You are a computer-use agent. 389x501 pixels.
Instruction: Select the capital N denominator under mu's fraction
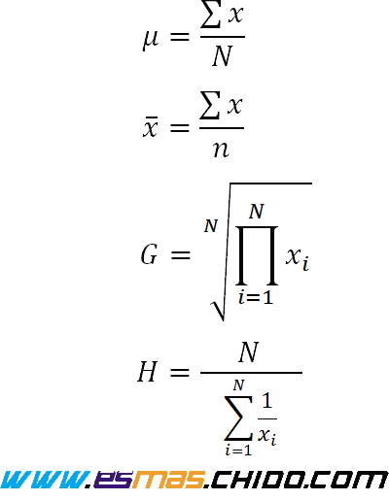pyautogui.click(x=223, y=56)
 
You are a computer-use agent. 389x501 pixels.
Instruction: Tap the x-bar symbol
pyautogui.click(x=151, y=127)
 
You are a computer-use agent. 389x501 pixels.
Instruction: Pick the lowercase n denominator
pyautogui.click(x=221, y=150)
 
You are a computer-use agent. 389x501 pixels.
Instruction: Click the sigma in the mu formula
pyautogui.click(x=211, y=15)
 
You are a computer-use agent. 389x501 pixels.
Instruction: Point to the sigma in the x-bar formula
pyautogui.click(x=210, y=105)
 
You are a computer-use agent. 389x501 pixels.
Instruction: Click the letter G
pyautogui.click(x=149, y=254)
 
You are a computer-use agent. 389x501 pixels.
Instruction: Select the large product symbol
pyautogui.click(x=257, y=255)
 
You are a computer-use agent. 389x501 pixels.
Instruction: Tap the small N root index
pyautogui.click(x=211, y=226)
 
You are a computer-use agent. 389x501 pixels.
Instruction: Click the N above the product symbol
pyautogui.click(x=257, y=212)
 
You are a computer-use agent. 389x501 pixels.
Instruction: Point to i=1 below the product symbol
pyautogui.click(x=256, y=297)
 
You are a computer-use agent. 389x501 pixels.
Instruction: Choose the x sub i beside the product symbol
pyautogui.click(x=298, y=258)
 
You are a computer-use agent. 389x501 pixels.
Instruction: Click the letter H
pyautogui.click(x=148, y=372)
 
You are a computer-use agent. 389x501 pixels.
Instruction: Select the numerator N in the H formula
pyautogui.click(x=249, y=351)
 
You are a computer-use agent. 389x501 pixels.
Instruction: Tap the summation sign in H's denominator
pyautogui.click(x=238, y=418)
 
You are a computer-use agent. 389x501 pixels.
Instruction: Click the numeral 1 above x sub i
pyautogui.click(x=266, y=400)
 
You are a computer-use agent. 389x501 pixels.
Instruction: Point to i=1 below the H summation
pyautogui.click(x=238, y=451)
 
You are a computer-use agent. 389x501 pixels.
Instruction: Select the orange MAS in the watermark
pyautogui.click(x=168, y=480)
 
